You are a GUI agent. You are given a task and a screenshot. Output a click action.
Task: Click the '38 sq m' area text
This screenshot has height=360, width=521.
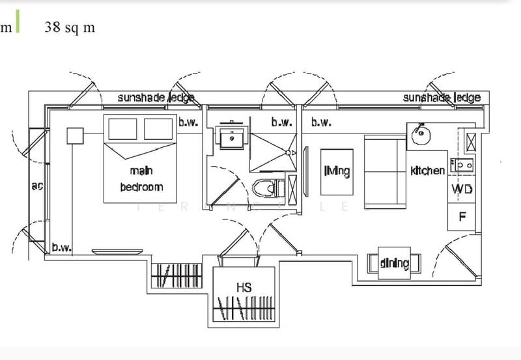point(70,28)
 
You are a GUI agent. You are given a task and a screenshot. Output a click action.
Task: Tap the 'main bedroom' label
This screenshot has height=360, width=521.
point(141,179)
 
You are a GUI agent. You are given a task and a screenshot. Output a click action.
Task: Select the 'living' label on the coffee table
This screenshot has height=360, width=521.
point(337,172)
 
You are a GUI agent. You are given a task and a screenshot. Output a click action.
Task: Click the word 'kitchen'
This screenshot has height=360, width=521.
point(427,171)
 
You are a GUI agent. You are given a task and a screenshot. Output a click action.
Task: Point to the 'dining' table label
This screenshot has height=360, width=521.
point(394,264)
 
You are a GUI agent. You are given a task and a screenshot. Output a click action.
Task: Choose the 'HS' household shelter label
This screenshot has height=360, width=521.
point(245,287)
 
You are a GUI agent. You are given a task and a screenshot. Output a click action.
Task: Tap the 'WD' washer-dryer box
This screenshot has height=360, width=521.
point(462,189)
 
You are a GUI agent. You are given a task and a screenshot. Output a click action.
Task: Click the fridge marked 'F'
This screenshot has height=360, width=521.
point(462,217)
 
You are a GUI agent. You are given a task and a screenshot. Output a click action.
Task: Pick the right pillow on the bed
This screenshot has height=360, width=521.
point(159,130)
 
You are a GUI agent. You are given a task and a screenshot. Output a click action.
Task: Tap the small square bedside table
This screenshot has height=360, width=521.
point(76,136)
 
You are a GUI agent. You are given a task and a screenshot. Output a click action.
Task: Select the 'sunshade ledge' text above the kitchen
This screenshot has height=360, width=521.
point(441,98)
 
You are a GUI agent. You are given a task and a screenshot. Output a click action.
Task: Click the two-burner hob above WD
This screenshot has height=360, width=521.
point(466,165)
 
